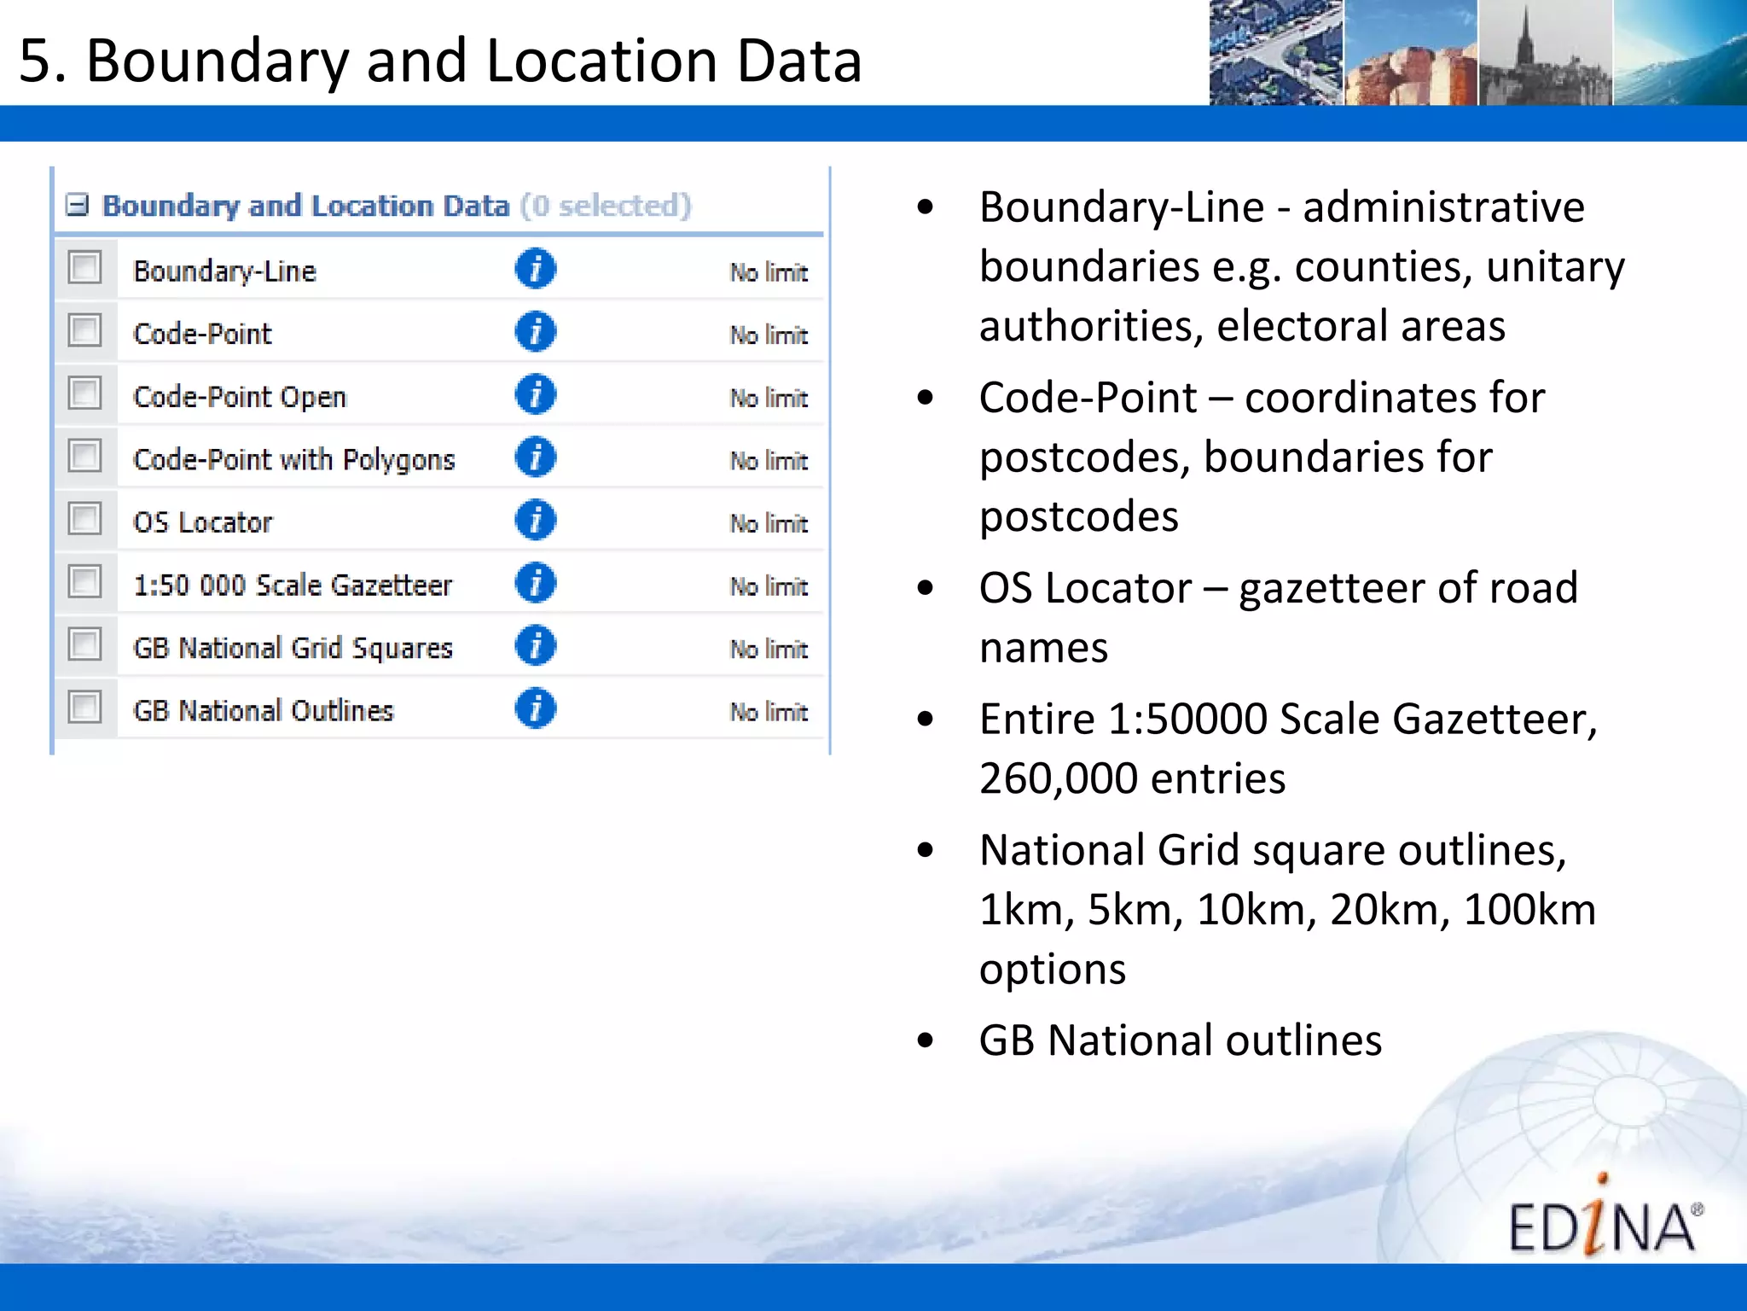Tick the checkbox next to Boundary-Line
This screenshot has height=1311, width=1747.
pyautogui.click(x=84, y=268)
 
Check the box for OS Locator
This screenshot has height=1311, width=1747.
pyautogui.click(x=84, y=519)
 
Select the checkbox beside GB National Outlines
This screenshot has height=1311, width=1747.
pyautogui.click(x=84, y=708)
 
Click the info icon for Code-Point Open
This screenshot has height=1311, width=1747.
pyautogui.click(x=535, y=394)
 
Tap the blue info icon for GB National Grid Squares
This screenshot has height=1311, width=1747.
pyautogui.click(x=535, y=645)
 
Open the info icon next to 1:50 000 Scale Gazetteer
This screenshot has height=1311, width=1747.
pyautogui.click(x=535, y=583)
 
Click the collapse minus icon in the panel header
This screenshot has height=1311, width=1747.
pyautogui.click(x=77, y=205)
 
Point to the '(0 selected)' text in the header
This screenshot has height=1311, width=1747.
pyautogui.click(x=606, y=206)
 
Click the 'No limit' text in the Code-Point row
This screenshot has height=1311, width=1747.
pyautogui.click(x=769, y=335)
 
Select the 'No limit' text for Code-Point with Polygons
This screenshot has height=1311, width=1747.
pyautogui.click(x=769, y=461)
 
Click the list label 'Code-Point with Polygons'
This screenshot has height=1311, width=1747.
pyautogui.click(x=293, y=460)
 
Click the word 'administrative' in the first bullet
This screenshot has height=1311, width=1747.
pyautogui.click(x=1443, y=207)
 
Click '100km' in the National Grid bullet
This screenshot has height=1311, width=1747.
pyautogui.click(x=1529, y=910)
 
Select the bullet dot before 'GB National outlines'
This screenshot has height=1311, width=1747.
pyautogui.click(x=926, y=1040)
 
